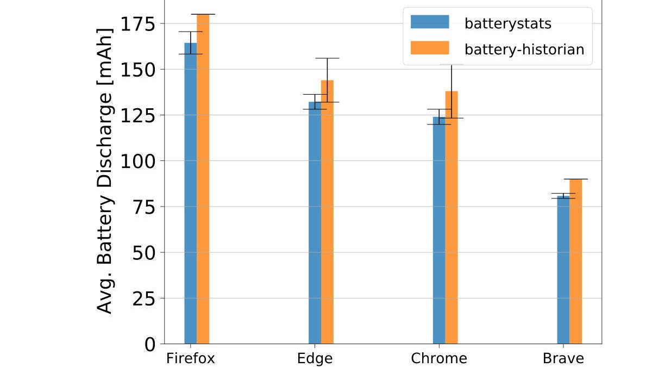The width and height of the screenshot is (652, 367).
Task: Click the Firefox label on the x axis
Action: (190, 359)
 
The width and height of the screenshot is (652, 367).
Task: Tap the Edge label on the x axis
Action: (315, 359)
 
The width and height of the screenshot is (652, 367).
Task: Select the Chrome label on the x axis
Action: (439, 359)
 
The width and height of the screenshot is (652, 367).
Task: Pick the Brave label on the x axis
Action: (563, 359)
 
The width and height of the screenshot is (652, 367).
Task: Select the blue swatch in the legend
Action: (430, 22)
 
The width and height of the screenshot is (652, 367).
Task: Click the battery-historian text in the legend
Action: (524, 49)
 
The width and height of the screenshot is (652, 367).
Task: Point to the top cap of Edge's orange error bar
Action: (327, 58)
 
